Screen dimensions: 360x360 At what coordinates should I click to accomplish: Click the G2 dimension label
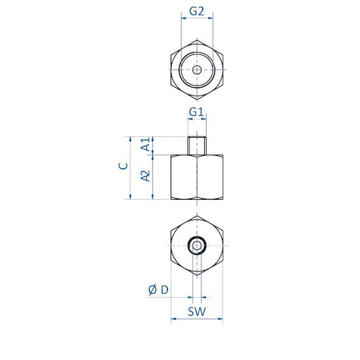[x=197, y=11]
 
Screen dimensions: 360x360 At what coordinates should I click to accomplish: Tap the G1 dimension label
[x=197, y=112]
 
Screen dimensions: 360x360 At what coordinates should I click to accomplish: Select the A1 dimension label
[x=146, y=144]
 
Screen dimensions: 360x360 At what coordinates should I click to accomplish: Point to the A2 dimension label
[x=146, y=176]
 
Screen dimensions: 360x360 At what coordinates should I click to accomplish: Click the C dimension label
[x=124, y=166]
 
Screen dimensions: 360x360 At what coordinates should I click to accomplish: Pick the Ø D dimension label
[x=159, y=290]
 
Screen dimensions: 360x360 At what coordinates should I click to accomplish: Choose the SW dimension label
[x=197, y=311]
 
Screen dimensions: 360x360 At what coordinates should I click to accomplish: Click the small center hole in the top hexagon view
[x=197, y=70]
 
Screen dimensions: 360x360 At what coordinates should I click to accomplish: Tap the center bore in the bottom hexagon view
[x=197, y=245]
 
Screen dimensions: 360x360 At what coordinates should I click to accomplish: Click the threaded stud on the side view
[x=197, y=146]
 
